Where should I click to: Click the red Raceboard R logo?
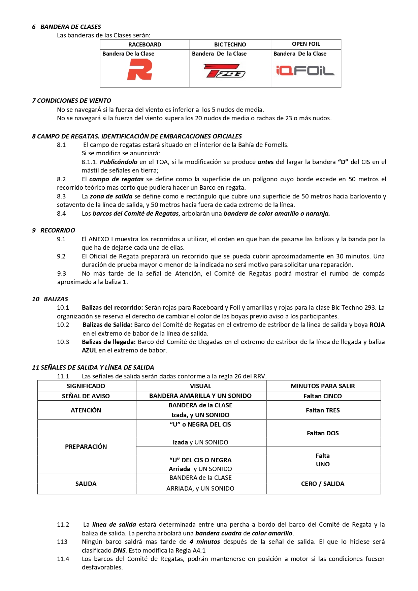[x=139, y=69]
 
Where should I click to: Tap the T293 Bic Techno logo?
[x=225, y=71]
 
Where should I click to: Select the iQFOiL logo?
[x=305, y=70]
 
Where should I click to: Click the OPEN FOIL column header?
[x=306, y=44]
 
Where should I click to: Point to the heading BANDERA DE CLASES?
[x=70, y=27]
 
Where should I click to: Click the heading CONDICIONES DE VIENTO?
[x=74, y=101]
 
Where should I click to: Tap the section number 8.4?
[x=61, y=214]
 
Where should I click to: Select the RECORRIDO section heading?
[x=58, y=230]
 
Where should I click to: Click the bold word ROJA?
[x=377, y=325]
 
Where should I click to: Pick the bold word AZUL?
[x=89, y=350]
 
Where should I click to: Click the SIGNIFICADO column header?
[x=86, y=386]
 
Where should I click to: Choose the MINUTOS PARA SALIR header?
[x=323, y=386]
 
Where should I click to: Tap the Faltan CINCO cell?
[x=323, y=396]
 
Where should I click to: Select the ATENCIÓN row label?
[x=86, y=410]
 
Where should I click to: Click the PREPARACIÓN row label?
[x=86, y=447]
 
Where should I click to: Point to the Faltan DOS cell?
[x=323, y=433]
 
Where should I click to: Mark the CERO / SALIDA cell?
[x=323, y=484]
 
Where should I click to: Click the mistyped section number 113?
[x=62, y=542]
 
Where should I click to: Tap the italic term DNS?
[x=120, y=551]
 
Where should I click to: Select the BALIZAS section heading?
[x=56, y=299]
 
